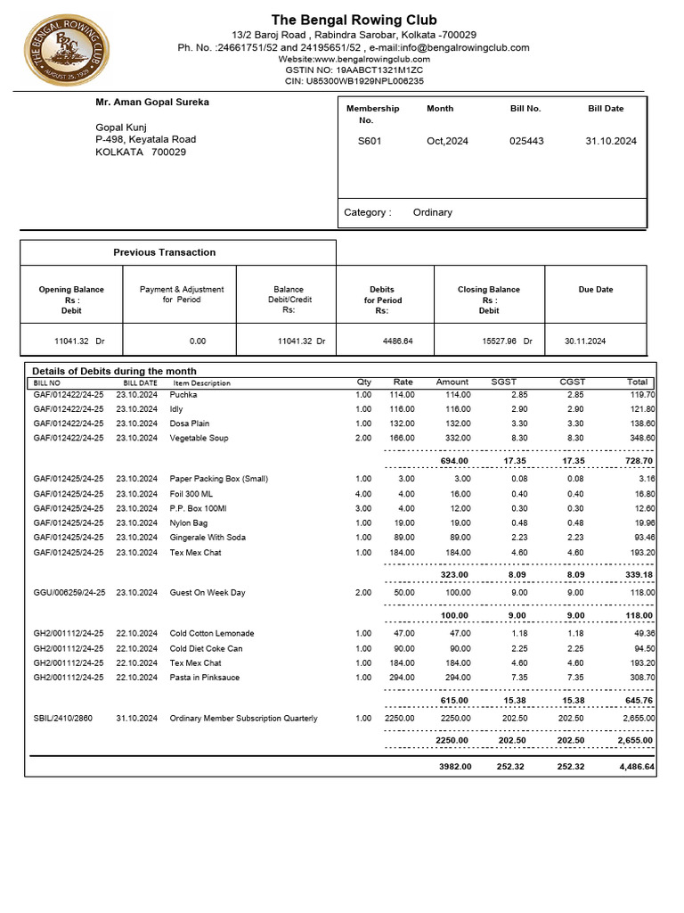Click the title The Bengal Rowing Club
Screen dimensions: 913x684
click(x=354, y=21)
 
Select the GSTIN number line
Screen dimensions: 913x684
click(x=354, y=70)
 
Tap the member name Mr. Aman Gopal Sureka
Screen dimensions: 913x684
click(x=152, y=103)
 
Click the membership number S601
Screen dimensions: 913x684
click(x=370, y=141)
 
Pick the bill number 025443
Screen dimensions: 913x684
click(x=526, y=141)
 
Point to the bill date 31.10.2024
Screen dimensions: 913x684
click(x=611, y=141)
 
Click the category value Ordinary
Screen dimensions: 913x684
click(x=433, y=212)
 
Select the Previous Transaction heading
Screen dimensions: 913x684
click(x=164, y=252)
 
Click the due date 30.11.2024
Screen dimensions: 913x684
click(x=585, y=341)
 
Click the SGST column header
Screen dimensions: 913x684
click(x=504, y=382)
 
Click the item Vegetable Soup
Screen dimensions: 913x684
click(x=199, y=439)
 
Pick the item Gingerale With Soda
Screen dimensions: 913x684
click(x=208, y=538)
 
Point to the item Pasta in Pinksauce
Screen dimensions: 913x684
click(x=205, y=678)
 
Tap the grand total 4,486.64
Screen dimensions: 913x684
click(x=636, y=767)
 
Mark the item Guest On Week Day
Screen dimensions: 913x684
click(x=208, y=593)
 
